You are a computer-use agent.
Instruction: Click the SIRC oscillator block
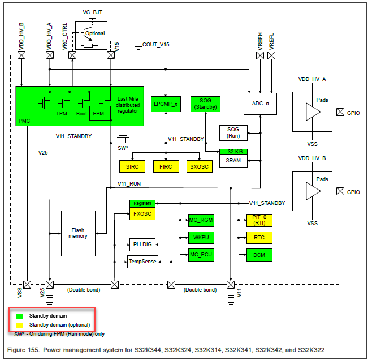pyautogui.click(x=132, y=166)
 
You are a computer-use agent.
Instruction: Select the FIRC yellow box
pyautogui.click(x=166, y=166)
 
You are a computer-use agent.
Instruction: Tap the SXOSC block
pyautogui.click(x=200, y=166)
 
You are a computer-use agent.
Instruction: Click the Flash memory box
pyautogui.click(x=79, y=232)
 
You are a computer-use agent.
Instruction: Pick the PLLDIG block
pyautogui.click(x=142, y=245)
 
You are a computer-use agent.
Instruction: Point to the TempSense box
pyautogui.click(x=142, y=262)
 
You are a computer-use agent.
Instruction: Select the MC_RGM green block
pyautogui.click(x=201, y=220)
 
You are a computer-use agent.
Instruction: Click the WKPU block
pyautogui.click(x=201, y=237)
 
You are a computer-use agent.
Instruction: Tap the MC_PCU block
pyautogui.click(x=201, y=255)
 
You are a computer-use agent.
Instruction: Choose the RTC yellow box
pyautogui.click(x=259, y=237)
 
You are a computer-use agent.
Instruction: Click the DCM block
pyautogui.click(x=259, y=255)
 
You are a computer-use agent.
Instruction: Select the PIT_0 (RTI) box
pyautogui.click(x=259, y=220)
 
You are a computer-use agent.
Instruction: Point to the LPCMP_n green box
pyautogui.click(x=166, y=104)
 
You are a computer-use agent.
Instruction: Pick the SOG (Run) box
pyautogui.click(x=233, y=133)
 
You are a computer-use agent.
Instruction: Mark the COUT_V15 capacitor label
pyautogui.click(x=156, y=44)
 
